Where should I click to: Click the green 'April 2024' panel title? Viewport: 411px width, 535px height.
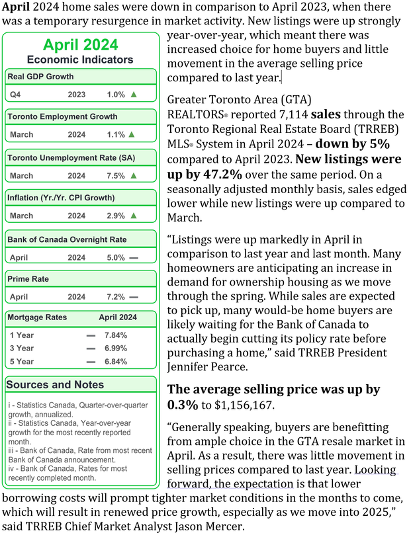pyautogui.click(x=81, y=45)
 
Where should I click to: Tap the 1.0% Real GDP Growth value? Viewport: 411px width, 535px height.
pyautogui.click(x=115, y=95)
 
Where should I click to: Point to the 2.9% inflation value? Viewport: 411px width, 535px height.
pyautogui.click(x=115, y=216)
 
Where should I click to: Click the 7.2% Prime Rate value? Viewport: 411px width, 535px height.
pyautogui.click(x=115, y=298)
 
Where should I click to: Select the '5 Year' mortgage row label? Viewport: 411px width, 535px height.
pyautogui.click(x=21, y=362)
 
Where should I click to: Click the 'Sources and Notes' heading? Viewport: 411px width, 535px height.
pyautogui.click(x=55, y=384)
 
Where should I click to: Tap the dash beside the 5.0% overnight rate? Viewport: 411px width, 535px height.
pyautogui.click(x=134, y=257)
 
